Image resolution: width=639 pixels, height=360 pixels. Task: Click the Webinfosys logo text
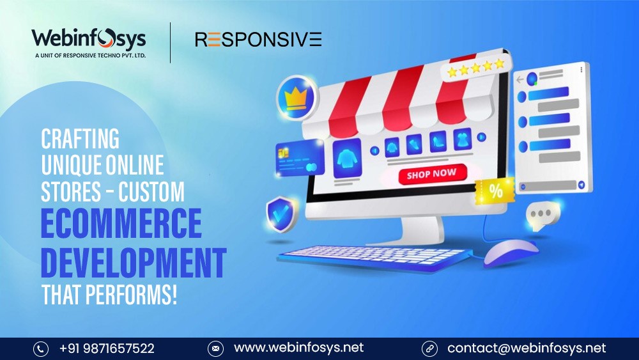point(89,40)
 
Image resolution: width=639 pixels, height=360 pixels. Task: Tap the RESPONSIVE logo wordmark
point(258,40)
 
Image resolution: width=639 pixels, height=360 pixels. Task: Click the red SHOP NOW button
point(432,174)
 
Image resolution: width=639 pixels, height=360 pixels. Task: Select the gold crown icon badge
point(296,98)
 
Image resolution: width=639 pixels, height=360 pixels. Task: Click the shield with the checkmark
point(282,214)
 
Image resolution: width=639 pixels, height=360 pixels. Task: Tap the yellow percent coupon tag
point(495,191)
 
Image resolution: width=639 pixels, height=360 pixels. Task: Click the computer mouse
point(511,253)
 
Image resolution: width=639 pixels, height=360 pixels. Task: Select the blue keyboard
point(374,258)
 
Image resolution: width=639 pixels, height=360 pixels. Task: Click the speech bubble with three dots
point(543,215)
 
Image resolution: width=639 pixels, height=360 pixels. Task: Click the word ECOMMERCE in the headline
point(121,223)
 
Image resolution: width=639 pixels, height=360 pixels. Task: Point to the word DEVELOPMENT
point(134,262)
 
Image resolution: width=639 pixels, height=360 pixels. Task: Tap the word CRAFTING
point(81,139)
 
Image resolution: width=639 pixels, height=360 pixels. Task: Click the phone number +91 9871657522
point(107,348)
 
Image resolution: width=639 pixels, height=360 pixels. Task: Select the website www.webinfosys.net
point(298,348)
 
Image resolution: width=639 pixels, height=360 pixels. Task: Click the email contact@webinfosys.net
point(527,348)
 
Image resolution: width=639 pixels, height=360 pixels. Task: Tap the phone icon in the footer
point(41,349)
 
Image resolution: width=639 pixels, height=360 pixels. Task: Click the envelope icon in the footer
point(215,349)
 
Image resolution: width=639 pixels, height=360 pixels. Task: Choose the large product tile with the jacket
point(347,159)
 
